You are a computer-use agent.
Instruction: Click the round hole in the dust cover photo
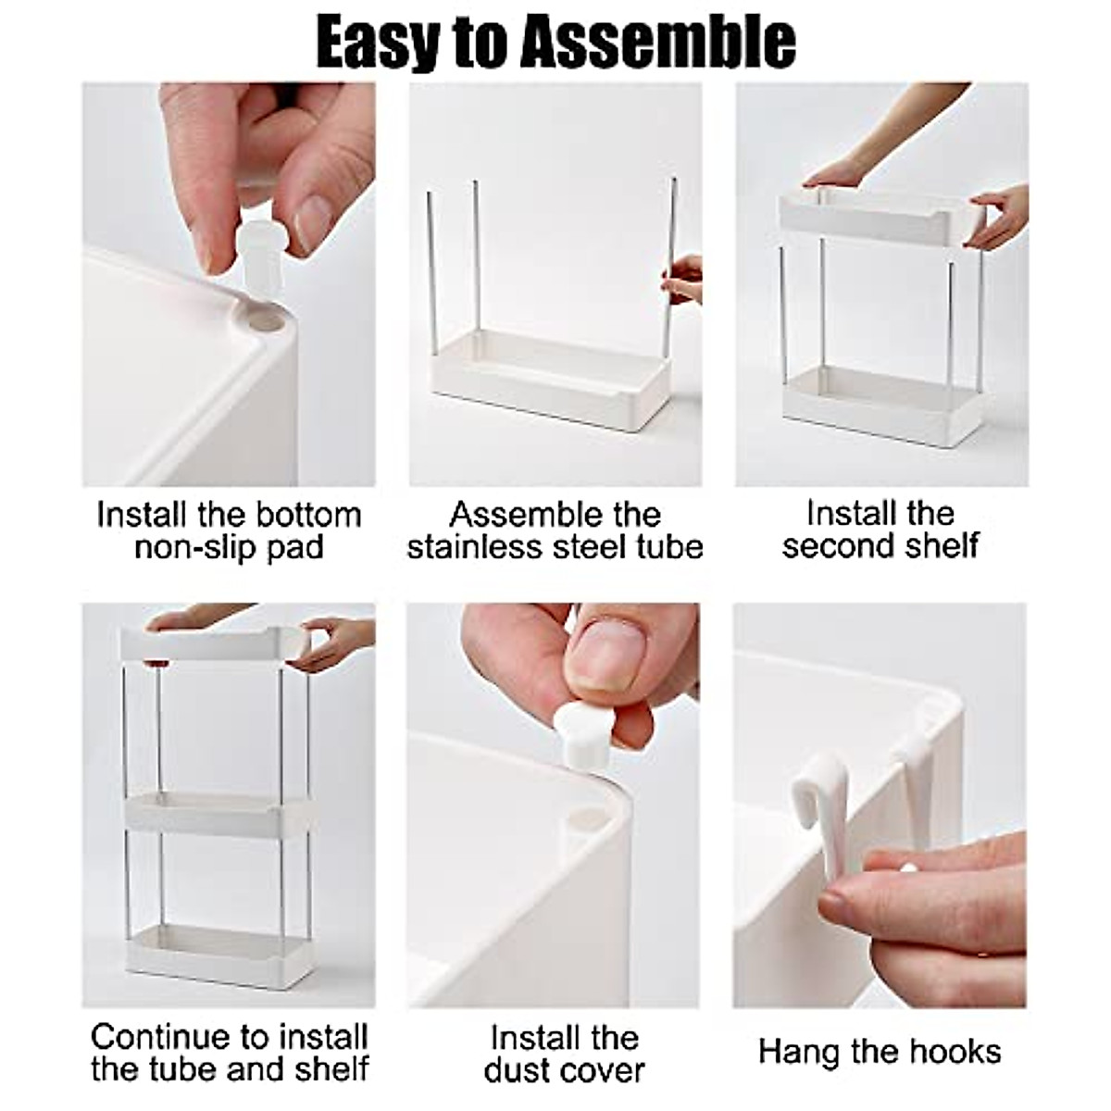point(582,818)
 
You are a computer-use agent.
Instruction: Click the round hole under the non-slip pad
point(265,320)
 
